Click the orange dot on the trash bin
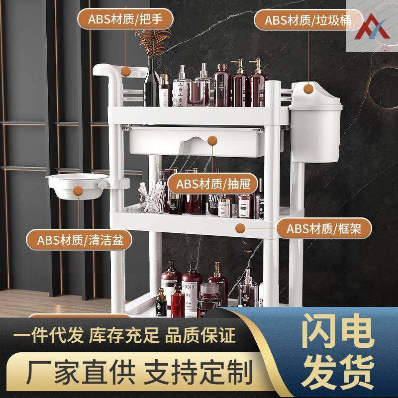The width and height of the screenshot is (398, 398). [307, 88]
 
